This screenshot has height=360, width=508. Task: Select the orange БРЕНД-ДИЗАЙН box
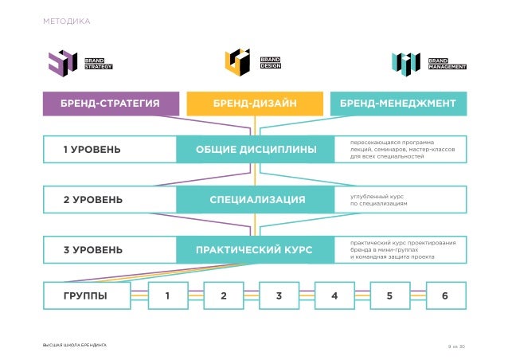(255, 104)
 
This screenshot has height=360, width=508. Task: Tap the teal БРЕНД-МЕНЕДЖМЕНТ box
(397, 104)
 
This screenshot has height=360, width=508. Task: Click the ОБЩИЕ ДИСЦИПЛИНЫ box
(255, 150)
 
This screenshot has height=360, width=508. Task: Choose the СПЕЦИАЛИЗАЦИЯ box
(255, 199)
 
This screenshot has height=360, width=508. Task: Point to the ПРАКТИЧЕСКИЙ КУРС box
(255, 249)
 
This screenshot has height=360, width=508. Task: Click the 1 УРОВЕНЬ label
(93, 150)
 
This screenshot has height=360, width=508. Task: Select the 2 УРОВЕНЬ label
(93, 199)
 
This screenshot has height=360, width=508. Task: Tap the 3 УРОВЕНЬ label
(93, 249)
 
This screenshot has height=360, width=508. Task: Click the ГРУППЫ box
(86, 297)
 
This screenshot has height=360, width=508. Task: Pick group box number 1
(167, 297)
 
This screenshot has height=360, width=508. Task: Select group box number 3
(279, 297)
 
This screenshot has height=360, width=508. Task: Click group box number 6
(445, 297)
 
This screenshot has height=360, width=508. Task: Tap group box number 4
(334, 297)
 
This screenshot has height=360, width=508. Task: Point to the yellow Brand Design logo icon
(238, 62)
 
